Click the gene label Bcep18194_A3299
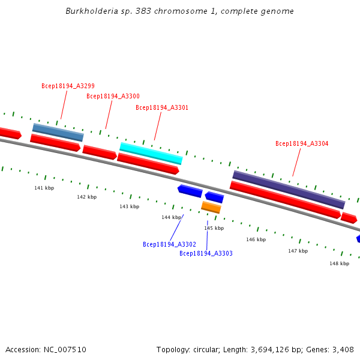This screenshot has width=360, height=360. [68, 86]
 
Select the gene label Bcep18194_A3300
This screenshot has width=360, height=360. [113, 96]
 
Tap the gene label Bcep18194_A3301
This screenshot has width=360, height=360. [162, 107]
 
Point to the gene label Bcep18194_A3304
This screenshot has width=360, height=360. [302, 143]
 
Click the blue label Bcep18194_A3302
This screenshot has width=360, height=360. [169, 244]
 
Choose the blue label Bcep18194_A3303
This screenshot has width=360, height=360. [206, 253]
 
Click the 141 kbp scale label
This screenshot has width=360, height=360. [44, 188]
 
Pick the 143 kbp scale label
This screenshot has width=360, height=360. [130, 206]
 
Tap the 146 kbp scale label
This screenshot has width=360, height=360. [256, 239]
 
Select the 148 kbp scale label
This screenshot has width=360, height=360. [340, 263]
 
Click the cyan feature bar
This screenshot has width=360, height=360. [151, 154]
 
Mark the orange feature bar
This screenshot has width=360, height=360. [211, 208]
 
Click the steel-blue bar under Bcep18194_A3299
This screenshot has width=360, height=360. [58, 132]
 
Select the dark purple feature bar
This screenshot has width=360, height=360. [289, 190]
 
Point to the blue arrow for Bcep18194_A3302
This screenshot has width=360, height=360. [190, 191]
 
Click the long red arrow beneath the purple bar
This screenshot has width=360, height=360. [286, 200]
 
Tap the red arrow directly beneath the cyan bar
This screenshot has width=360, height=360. [148, 163]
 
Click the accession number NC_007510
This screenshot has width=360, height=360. [65, 350]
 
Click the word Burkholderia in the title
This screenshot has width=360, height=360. [92, 11]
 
